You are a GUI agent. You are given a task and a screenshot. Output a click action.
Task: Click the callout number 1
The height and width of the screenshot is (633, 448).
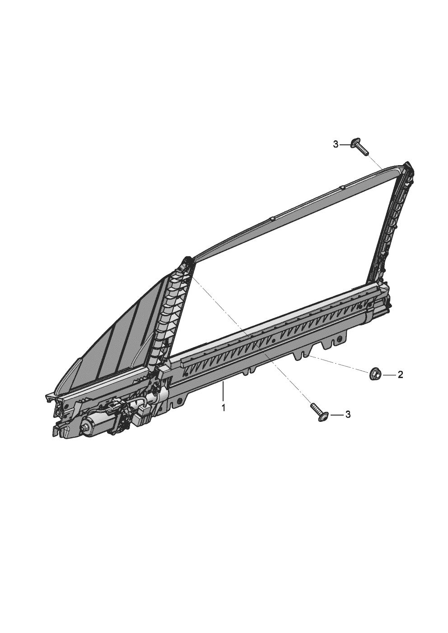[224, 408]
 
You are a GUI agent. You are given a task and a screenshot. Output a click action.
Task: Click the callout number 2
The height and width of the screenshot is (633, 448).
[400, 375]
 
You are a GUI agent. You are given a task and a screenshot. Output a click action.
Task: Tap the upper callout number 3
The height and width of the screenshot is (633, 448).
[336, 145]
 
